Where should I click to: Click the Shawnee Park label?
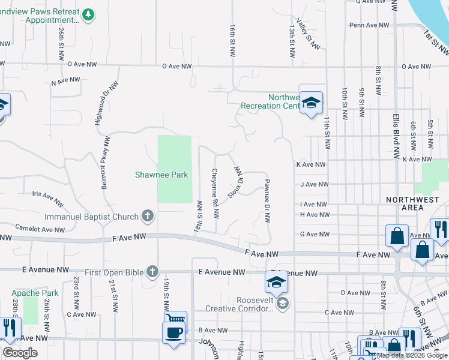[160, 175]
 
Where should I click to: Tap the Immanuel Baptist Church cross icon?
[148, 216]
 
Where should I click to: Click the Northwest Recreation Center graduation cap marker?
[312, 103]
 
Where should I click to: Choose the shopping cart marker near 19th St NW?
[176, 320]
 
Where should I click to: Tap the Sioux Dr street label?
[236, 184]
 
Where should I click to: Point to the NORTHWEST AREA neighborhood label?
[413, 203]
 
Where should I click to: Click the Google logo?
[20, 353]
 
